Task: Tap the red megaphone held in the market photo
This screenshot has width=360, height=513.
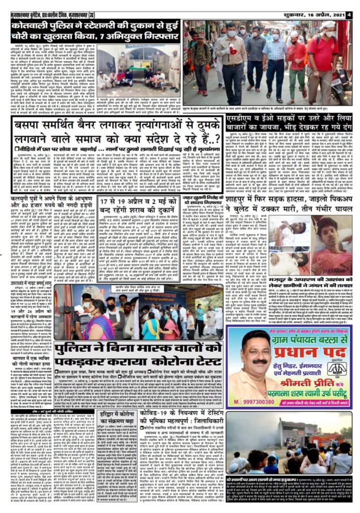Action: [234, 49]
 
